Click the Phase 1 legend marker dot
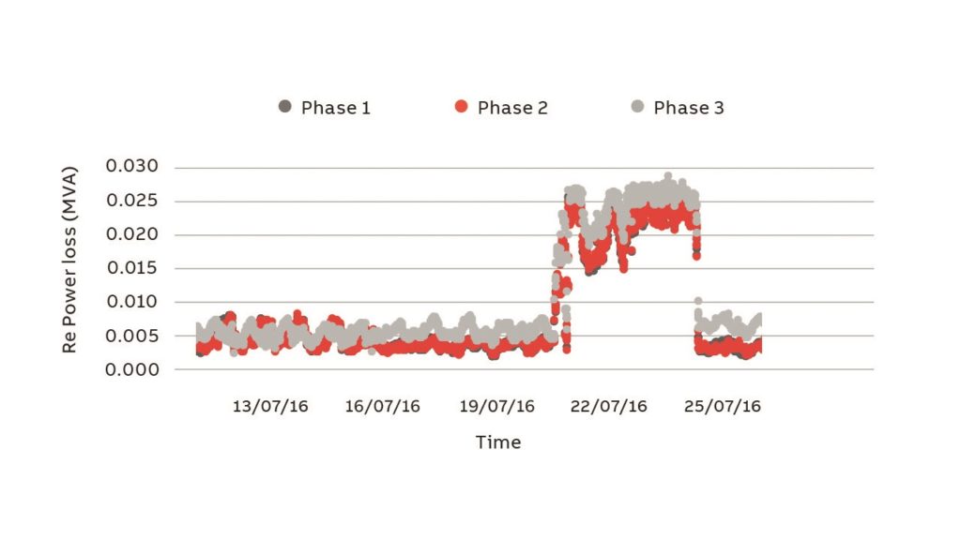[x=285, y=107]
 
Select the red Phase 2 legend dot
[x=461, y=107]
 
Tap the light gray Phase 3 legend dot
[x=637, y=107]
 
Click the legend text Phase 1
[x=335, y=108]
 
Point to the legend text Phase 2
[x=512, y=108]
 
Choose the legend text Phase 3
[x=689, y=108]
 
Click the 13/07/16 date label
[x=270, y=406]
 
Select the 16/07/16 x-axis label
[x=383, y=406]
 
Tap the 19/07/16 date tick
[x=497, y=406]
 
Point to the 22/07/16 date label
[x=610, y=406]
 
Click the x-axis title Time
[x=497, y=442]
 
